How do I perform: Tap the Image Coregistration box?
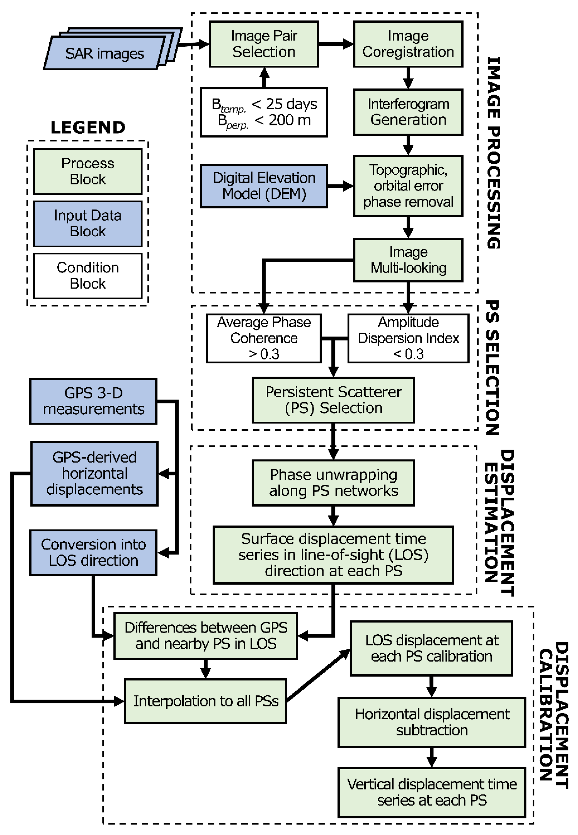pyautogui.click(x=408, y=44)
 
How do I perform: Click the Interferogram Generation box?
pyautogui.click(x=408, y=112)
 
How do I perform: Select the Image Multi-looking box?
pyautogui.click(x=408, y=260)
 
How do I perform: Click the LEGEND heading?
pyautogui.click(x=88, y=127)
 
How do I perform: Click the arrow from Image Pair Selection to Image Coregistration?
pyautogui.click(x=335, y=44)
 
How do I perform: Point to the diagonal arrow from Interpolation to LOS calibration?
pyautogui.click(x=318, y=675)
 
